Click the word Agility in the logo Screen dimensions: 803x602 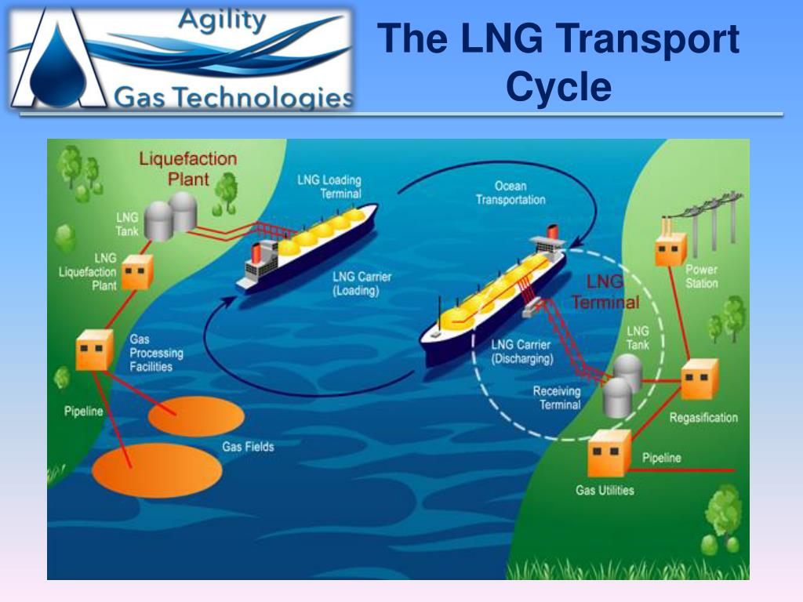[222, 21]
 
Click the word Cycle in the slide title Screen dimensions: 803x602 [558, 85]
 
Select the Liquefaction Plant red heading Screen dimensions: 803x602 [188, 169]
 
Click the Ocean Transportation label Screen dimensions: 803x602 [510, 193]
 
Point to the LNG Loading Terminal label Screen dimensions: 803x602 [329, 187]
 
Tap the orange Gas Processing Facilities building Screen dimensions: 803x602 [94, 350]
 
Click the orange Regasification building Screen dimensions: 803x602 [699, 379]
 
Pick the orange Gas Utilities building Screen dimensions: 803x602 [609, 454]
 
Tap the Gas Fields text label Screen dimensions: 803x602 [248, 447]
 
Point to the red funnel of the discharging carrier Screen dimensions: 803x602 [552, 231]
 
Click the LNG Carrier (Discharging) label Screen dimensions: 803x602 [521, 352]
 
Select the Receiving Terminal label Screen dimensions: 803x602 [557, 397]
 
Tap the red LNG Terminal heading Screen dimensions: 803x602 [605, 292]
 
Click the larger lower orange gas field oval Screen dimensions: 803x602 [157, 470]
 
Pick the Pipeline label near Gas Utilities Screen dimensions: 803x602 [662, 458]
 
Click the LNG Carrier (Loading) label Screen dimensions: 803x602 [362, 284]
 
